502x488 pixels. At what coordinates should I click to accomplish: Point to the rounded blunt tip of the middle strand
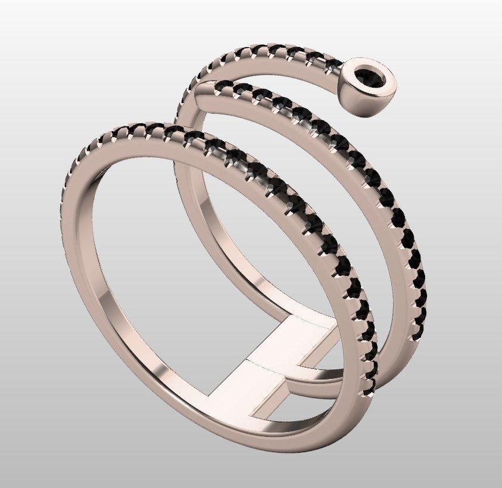click(x=202, y=91)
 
